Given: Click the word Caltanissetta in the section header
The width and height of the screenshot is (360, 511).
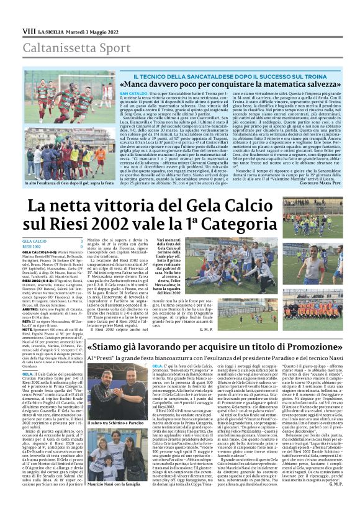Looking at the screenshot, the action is (x=50, y=47).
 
